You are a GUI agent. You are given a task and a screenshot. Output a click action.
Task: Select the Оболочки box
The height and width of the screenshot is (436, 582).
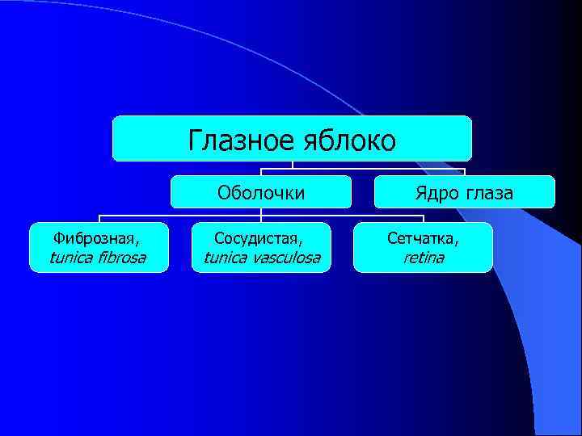pos(261,192)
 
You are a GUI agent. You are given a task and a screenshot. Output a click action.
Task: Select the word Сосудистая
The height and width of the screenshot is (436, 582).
pos(256,238)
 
